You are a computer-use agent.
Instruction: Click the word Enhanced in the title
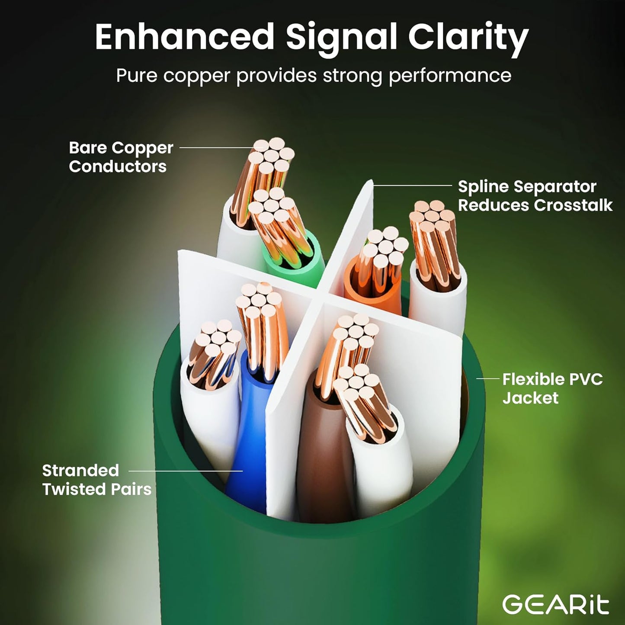click(184, 37)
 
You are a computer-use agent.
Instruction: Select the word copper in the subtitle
click(196, 76)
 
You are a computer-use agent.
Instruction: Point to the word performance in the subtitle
click(450, 76)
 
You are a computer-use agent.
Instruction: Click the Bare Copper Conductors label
click(121, 157)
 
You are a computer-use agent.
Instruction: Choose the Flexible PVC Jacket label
click(552, 388)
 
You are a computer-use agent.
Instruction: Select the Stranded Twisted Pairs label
click(96, 480)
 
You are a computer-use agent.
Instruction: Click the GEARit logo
click(556, 604)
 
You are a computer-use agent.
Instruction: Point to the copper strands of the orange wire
click(381, 260)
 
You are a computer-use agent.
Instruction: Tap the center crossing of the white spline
click(322, 298)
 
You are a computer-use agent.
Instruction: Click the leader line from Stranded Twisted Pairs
click(186, 471)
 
